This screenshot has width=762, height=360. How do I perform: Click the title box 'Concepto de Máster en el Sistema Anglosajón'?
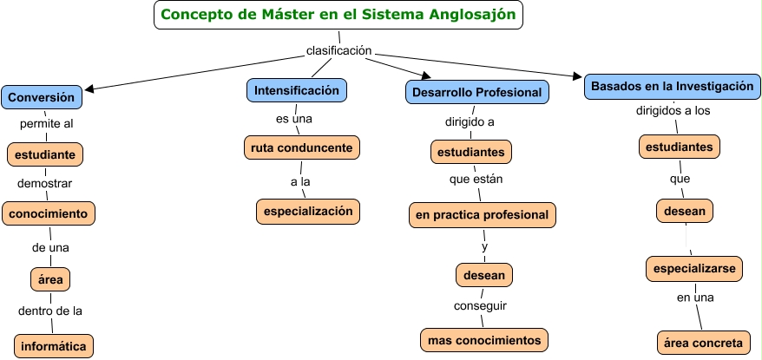338,15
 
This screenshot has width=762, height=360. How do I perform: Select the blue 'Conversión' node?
42,96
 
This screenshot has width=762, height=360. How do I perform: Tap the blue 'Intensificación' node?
297,90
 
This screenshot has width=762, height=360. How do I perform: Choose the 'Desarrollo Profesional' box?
477,92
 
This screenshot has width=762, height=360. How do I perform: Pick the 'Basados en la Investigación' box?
672,86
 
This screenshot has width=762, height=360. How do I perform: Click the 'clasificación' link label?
339,51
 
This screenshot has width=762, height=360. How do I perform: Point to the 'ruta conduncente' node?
301,148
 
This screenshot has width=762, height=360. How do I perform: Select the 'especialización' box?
307,210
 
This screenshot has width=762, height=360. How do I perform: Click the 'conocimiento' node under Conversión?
49,213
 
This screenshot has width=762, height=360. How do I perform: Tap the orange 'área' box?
49,279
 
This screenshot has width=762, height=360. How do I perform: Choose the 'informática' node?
53,346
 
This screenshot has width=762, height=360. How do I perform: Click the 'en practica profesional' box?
483,213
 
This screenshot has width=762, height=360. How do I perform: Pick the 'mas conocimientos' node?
484,340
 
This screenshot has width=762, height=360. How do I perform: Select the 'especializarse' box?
695,270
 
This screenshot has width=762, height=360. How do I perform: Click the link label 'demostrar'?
45,183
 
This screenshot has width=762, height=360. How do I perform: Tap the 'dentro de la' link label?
50,311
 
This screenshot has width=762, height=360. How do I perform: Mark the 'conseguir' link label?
480,305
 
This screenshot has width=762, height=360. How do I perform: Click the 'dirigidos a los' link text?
673,111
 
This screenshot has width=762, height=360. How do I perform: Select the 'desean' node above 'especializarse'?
684,210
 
